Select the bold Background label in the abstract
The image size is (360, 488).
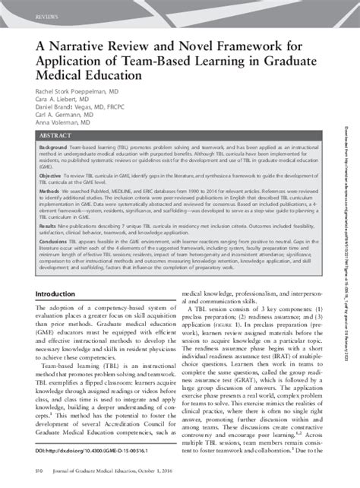[44, 147]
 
